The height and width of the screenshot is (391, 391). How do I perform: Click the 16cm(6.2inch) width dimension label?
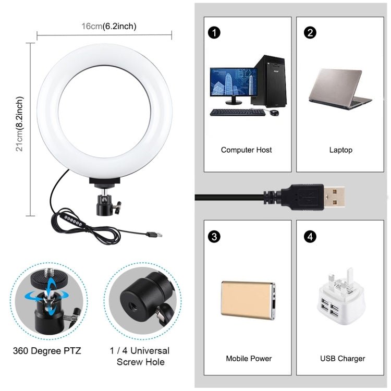coord(109,26)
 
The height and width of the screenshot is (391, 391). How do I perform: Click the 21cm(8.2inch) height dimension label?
coord(20,124)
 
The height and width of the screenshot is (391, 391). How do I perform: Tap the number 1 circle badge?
coord(213,33)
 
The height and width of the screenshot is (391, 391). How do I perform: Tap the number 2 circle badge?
coord(311,33)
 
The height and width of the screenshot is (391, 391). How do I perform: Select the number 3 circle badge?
coord(213,236)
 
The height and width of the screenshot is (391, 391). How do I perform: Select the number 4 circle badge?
coord(311,236)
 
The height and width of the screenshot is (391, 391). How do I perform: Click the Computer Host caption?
coord(246,150)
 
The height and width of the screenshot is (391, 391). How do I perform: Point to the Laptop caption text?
coord(341,150)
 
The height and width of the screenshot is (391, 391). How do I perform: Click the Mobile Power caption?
coord(249,359)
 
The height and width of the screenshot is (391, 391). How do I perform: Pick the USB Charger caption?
coord(343,359)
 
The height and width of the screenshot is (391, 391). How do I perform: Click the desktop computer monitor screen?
coord(229,82)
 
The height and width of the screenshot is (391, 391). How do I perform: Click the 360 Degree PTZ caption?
coord(47,350)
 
